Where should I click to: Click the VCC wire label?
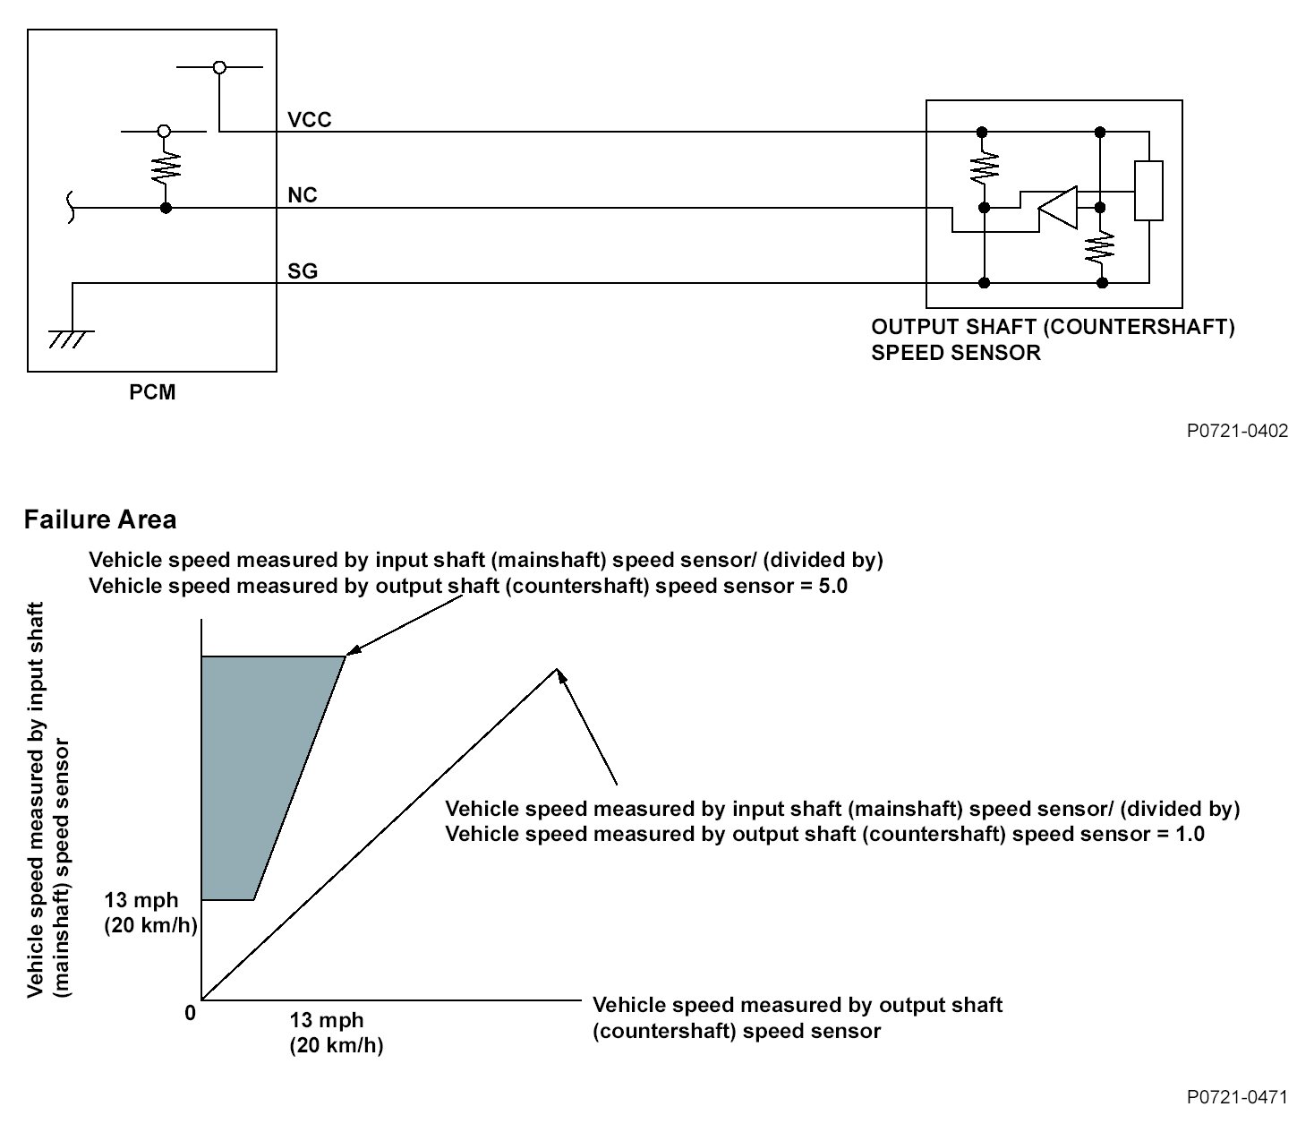(309, 119)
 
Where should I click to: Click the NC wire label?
(303, 195)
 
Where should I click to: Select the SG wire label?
(303, 270)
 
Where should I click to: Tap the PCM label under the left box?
(152, 392)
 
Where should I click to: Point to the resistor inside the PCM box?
(165, 166)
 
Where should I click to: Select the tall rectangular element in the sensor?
(1148, 190)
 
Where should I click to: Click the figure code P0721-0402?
(1237, 431)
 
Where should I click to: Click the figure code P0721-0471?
(1237, 1097)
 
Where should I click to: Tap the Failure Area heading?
(100, 519)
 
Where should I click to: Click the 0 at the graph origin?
(190, 1013)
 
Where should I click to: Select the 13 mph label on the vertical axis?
(141, 900)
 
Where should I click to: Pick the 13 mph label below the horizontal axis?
(327, 1020)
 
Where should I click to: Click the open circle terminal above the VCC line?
(219, 67)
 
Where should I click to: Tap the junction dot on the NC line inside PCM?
(165, 209)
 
